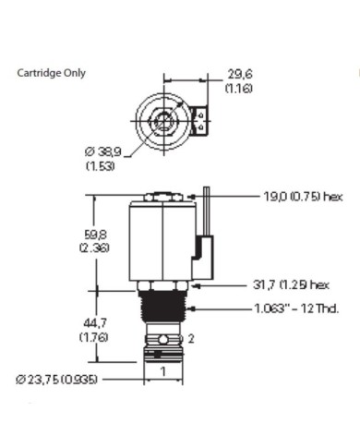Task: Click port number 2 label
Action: tap(191, 339)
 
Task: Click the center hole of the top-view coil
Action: tap(164, 120)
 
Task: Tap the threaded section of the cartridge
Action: tap(163, 304)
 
